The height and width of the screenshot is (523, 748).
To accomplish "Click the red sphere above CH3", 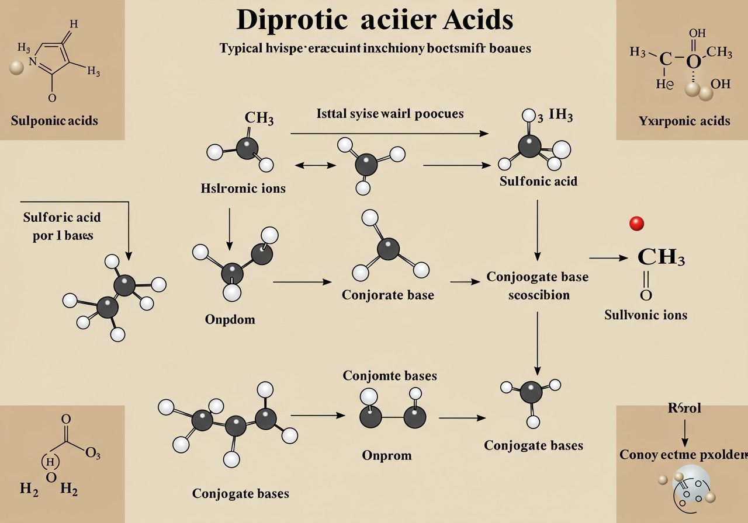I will [636, 223].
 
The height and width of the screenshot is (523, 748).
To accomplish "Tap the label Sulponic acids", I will [54, 121].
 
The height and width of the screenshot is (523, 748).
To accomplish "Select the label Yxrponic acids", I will [684, 121].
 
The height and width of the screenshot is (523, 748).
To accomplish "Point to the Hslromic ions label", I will [243, 189].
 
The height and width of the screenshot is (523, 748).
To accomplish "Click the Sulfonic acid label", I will [538, 181].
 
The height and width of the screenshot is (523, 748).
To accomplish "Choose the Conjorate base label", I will [388, 295].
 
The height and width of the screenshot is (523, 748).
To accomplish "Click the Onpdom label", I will [230, 319].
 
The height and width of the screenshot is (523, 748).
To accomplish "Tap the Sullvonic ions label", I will [645, 315].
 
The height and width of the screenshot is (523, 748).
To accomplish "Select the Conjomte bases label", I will [390, 375].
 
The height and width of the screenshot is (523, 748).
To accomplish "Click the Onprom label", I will [386, 455].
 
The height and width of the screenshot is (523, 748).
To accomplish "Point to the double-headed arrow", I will [316, 166].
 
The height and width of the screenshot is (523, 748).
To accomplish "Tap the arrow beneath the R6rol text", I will [684, 433].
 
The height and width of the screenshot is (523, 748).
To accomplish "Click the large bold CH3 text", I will [660, 257].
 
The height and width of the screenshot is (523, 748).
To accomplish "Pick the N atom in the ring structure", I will [33, 60].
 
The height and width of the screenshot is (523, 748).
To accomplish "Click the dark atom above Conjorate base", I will [388, 249].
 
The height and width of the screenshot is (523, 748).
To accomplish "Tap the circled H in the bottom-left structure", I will [51, 462].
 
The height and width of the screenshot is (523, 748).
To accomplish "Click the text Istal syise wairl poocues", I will [390, 113].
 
